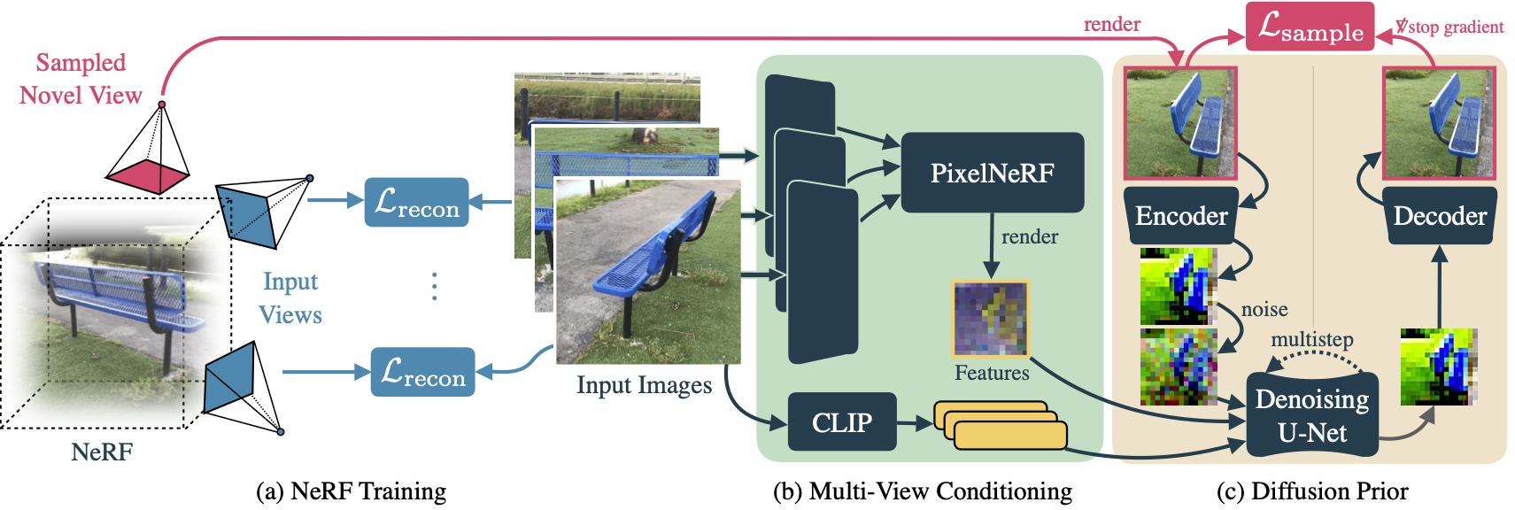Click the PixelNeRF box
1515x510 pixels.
(x=992, y=173)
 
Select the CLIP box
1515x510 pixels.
(x=841, y=422)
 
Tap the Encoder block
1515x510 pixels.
(x=1181, y=216)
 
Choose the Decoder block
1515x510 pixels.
(x=1439, y=216)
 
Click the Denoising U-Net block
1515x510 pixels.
(x=1311, y=415)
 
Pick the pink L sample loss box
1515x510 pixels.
(x=1310, y=27)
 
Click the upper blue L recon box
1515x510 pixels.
(x=416, y=203)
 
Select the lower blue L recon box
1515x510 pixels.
(x=422, y=372)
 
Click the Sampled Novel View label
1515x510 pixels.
(x=81, y=79)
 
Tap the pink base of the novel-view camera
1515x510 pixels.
(x=148, y=175)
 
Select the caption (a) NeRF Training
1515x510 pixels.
(x=351, y=491)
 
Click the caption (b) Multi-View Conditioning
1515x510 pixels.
(x=922, y=491)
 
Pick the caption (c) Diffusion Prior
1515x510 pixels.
(x=1312, y=491)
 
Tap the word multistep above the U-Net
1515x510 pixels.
(x=1311, y=340)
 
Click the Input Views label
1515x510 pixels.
(x=290, y=297)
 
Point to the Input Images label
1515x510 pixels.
(x=644, y=385)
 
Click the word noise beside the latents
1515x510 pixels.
(x=1264, y=309)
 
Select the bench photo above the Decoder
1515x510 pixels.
(x=1439, y=123)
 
